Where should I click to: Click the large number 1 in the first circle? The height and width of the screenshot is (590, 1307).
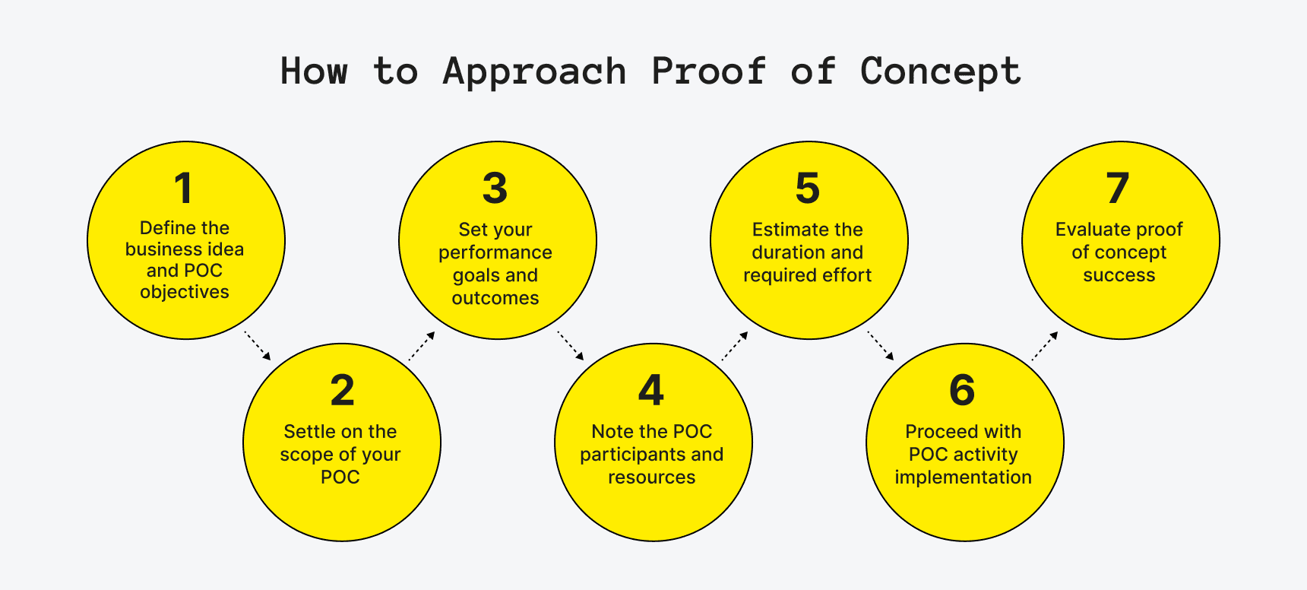pos(183,188)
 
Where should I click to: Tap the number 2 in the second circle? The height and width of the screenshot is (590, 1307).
pos(342,391)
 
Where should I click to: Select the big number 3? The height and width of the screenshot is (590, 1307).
pos(495,188)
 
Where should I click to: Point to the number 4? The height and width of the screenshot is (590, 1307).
pos(651,391)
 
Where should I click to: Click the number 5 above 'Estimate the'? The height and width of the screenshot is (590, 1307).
pos(807,188)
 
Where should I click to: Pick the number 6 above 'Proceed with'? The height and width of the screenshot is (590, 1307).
pos(962,391)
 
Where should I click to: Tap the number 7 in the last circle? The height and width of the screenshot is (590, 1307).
pos(1117,188)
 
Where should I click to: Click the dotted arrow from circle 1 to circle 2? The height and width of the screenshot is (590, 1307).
pos(257,345)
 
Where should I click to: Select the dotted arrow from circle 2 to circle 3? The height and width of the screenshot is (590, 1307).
pos(422,346)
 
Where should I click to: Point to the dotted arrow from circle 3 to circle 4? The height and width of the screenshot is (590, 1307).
pos(570,345)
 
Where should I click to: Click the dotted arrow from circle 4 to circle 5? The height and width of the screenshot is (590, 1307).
pos(735,346)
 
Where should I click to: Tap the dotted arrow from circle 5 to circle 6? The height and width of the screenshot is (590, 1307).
pos(881,345)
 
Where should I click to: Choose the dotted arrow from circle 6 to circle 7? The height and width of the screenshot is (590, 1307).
pos(1045,346)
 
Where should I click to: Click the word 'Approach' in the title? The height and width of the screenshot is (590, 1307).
pos(534,72)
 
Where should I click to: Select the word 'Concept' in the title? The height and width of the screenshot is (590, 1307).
pos(940,72)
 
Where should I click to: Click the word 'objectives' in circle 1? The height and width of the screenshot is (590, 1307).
pos(185,292)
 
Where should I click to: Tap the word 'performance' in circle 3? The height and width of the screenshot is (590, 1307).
pos(495,252)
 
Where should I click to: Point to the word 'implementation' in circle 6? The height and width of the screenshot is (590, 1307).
pos(963,477)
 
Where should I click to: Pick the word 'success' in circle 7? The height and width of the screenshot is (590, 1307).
pos(1119,275)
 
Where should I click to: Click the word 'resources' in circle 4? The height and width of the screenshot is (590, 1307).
pos(651,477)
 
